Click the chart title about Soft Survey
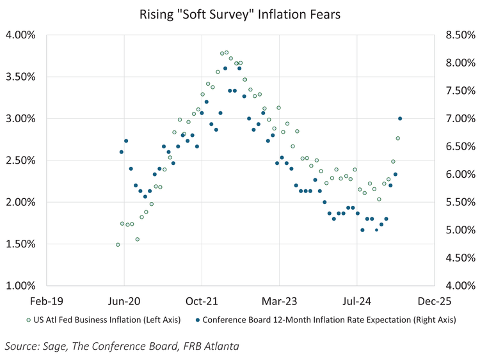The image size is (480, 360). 240,14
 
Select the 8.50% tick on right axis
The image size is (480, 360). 456,35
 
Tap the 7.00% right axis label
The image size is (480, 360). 456,118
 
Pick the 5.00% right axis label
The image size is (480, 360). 456,230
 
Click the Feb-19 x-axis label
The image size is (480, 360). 46,299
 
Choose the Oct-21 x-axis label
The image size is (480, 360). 202,299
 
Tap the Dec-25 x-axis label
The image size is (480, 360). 435,299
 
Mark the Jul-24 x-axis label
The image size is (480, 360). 357,299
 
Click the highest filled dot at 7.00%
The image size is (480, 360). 400,118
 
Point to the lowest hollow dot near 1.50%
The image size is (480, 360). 118,244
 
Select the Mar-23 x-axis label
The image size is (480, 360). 280,299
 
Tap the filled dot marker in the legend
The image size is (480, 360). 198,319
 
